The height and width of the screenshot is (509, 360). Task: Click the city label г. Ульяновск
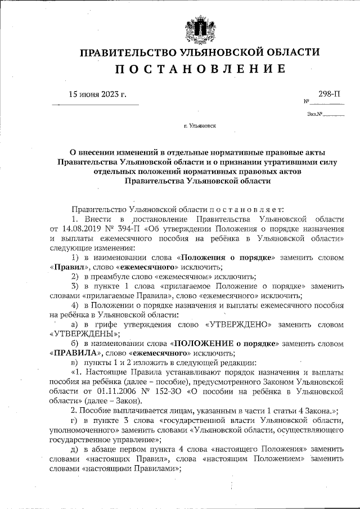click(200, 128)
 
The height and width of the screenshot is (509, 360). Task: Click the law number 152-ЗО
click(166, 390)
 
